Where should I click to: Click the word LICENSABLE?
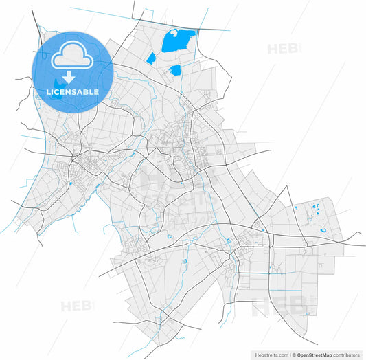tap(72, 91)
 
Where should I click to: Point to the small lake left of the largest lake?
tap(150, 58)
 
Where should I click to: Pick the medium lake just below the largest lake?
tap(175, 69)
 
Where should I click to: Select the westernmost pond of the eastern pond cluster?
tap(295, 207)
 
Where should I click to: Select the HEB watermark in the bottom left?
tap(78, 306)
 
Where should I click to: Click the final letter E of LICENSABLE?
tap(96, 91)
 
